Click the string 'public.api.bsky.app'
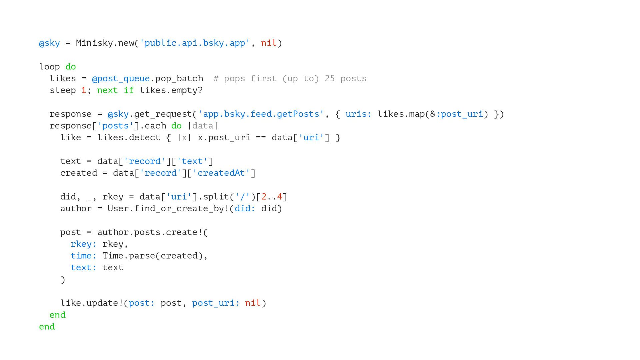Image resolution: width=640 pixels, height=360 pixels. point(195,43)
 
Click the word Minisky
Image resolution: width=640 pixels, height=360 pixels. point(94,43)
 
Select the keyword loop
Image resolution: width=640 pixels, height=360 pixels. point(50,67)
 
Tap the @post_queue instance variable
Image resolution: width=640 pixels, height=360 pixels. point(121,79)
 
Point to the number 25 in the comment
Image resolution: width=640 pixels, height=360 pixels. point(329,79)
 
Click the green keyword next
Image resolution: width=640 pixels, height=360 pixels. point(107,90)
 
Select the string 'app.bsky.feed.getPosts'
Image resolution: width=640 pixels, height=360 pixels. point(261,114)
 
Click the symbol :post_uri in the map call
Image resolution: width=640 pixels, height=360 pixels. point(459,114)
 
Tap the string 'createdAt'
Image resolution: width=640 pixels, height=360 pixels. point(221,173)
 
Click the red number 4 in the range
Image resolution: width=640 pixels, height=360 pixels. point(280,197)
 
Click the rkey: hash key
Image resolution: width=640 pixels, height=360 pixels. point(83,244)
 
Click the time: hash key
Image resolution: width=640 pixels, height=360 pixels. point(83,256)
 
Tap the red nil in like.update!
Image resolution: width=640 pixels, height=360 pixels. point(252,303)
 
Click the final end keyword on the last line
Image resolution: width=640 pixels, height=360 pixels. point(47,327)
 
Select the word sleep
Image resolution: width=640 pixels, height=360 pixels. point(63,90)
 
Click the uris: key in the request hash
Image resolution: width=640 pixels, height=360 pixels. point(358,114)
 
